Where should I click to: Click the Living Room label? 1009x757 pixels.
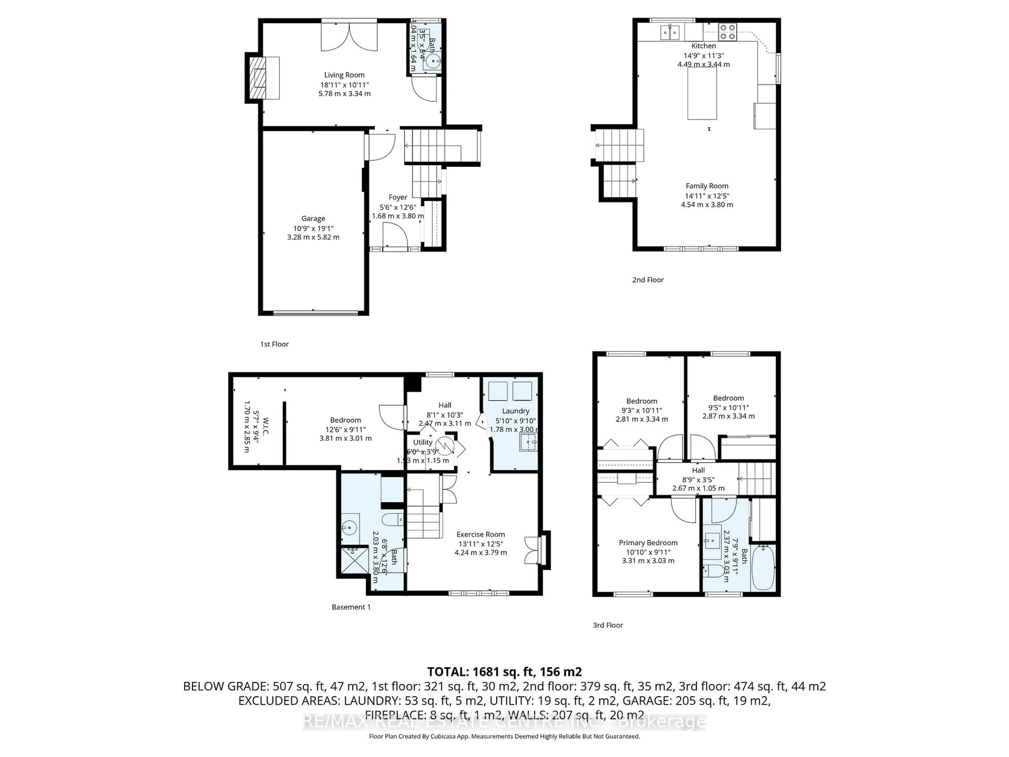click(x=344, y=75)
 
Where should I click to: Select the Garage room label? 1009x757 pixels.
click(x=313, y=219)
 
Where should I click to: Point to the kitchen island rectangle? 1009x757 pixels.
click(x=702, y=94)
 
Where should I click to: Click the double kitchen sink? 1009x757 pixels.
click(x=670, y=32)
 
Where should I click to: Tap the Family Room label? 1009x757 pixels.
click(x=707, y=186)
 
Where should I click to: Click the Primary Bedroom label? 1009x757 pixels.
click(x=648, y=543)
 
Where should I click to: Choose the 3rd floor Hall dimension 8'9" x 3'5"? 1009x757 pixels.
click(x=698, y=480)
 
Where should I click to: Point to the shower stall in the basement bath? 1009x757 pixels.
click(x=354, y=560)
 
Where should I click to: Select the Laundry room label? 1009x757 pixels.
click(x=516, y=411)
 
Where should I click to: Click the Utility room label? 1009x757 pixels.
click(x=423, y=442)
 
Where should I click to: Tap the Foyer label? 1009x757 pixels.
click(x=398, y=197)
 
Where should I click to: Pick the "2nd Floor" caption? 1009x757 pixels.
click(x=648, y=280)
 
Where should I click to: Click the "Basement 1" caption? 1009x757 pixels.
click(x=351, y=607)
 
